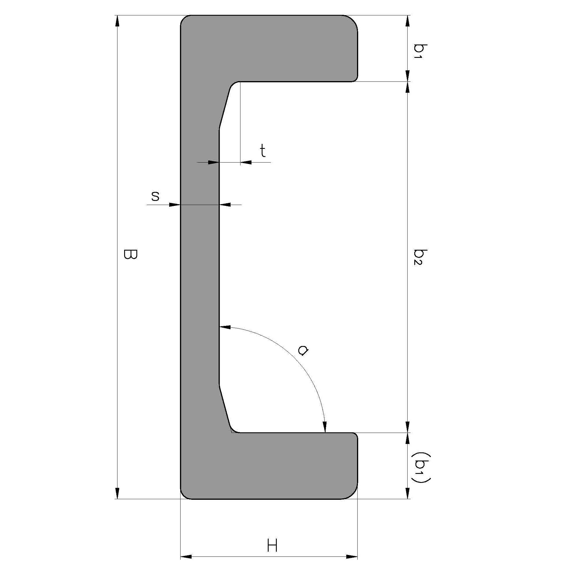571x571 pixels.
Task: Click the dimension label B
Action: coord(130,254)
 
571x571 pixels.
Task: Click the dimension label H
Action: coord(272,545)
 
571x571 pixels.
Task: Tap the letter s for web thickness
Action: coord(155,196)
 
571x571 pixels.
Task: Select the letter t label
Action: coord(263,151)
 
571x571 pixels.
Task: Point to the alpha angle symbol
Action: coord(303,351)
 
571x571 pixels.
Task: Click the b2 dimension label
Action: coord(420,257)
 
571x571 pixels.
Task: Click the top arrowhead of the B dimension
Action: coord(117,21)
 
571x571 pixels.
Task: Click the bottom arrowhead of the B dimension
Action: coord(117,493)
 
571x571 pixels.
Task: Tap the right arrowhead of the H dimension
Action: coord(352,557)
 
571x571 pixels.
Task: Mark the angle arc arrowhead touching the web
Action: coord(225,327)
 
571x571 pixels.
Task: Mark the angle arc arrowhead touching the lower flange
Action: coord(324,427)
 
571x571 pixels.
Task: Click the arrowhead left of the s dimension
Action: coord(175,204)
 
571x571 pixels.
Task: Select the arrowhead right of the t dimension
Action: coord(246,162)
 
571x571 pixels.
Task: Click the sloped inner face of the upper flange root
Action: coord(224,108)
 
